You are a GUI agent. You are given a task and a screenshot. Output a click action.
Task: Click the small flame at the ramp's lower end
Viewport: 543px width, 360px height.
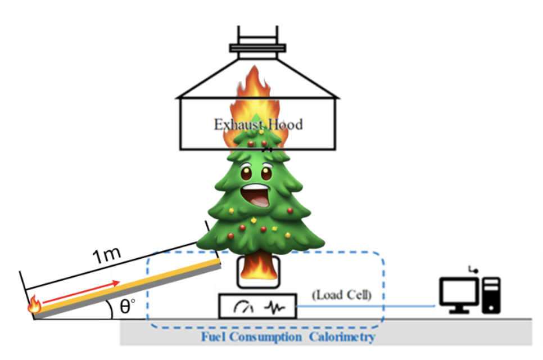pyautogui.click(x=34, y=305)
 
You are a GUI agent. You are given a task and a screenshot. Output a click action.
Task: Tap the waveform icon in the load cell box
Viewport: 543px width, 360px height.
pyautogui.click(x=275, y=307)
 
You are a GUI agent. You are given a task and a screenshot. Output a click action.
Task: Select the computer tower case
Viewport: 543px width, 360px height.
pyautogui.click(x=491, y=294)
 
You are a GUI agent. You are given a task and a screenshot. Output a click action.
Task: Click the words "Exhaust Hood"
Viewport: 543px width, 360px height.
pyautogui.click(x=257, y=124)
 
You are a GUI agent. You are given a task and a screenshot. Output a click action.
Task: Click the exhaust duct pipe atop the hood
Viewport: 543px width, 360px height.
pyautogui.click(x=257, y=39)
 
